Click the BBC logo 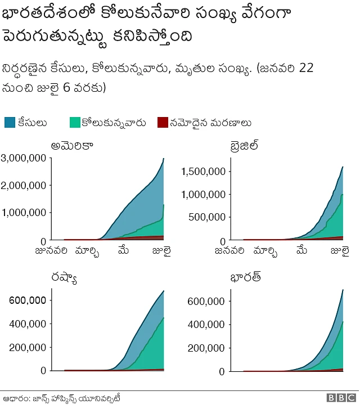point(339,398)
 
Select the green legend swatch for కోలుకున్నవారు point(74,123)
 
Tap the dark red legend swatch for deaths point(163,123)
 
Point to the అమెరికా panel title point(72,146)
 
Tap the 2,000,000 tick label point(24,186)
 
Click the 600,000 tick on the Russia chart point(28,300)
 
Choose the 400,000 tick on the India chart point(206,325)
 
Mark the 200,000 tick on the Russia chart point(28,347)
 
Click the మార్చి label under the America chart point(87,251)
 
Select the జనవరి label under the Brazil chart point(229,250)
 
